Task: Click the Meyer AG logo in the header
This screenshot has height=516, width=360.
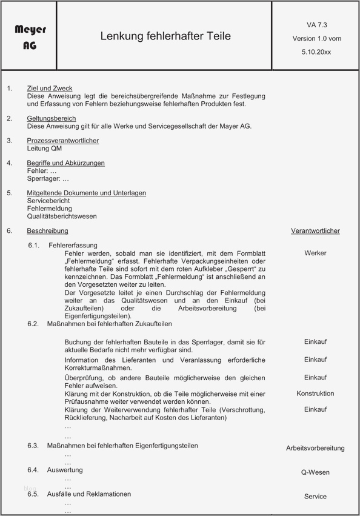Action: tap(30, 36)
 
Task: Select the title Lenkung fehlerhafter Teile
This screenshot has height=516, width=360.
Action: tap(165, 36)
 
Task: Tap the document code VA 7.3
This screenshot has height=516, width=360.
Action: tap(316, 25)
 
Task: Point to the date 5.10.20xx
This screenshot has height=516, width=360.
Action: tap(316, 52)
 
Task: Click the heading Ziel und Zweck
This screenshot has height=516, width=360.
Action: tap(50, 89)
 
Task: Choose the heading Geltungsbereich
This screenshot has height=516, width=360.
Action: tap(52, 118)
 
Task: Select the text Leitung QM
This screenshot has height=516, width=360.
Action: tap(44, 149)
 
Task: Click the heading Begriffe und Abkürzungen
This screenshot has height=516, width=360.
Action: tap(65, 163)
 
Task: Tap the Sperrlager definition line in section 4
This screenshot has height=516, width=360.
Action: tap(48, 179)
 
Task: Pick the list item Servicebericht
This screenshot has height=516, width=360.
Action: tap(48, 201)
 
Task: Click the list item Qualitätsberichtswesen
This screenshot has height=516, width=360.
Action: tap(62, 216)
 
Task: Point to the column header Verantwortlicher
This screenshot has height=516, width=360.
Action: tap(315, 231)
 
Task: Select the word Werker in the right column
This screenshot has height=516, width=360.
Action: tap(315, 253)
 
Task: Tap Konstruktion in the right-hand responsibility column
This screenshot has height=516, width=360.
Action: tap(315, 394)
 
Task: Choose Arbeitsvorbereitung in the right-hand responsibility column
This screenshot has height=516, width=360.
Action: tap(315, 448)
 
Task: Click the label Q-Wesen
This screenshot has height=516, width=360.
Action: tap(315, 472)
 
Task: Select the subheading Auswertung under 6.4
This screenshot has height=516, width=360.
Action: tap(65, 470)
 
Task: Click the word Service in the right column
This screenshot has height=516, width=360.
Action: tap(315, 497)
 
